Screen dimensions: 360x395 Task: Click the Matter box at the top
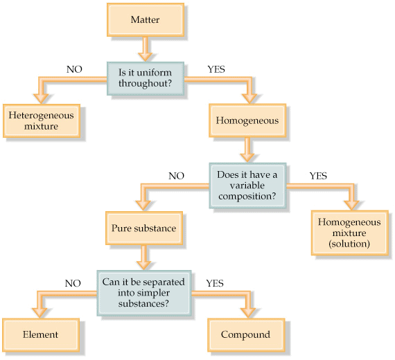[145, 19]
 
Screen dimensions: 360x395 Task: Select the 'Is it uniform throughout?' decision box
[145, 78]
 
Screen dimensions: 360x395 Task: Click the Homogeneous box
[247, 120]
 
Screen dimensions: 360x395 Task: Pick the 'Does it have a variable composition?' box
[247, 184]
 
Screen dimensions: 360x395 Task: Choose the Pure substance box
[144, 227]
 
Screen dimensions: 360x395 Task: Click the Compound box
[245, 334]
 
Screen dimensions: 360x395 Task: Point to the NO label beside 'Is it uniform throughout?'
[75, 69]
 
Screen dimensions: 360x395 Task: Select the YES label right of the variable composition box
[318, 175]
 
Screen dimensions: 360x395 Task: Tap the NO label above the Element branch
[73, 283]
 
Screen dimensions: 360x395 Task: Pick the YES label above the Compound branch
[215, 283]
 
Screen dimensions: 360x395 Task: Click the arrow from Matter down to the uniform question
[145, 48]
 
